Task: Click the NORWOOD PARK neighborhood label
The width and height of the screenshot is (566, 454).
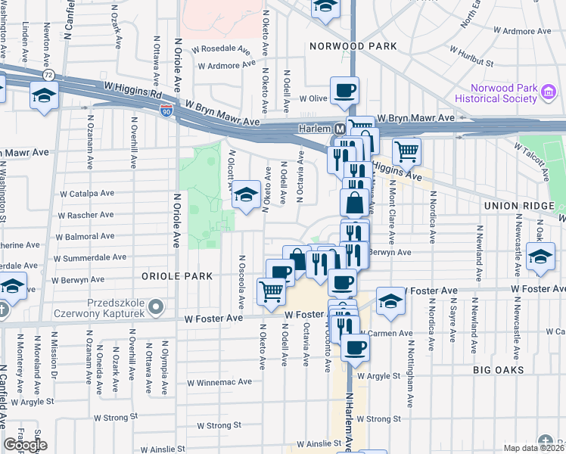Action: [x=353, y=46]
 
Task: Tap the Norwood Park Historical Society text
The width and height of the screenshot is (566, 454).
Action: [x=497, y=93]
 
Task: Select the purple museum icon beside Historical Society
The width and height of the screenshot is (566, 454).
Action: [x=549, y=94]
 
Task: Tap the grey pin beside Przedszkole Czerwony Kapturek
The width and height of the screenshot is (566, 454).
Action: [x=156, y=307]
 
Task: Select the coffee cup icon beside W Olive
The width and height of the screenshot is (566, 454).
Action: [x=344, y=91]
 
